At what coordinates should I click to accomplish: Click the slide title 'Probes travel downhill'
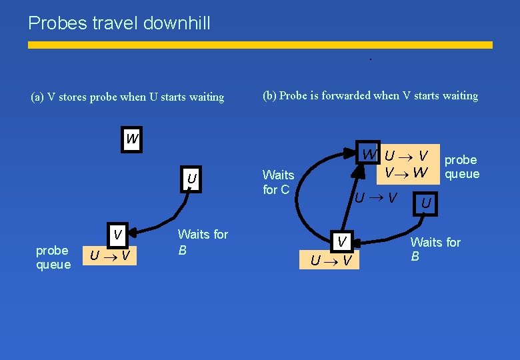[x=119, y=23]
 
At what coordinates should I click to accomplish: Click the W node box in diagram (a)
[x=132, y=139]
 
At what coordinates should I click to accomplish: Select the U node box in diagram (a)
[x=191, y=179]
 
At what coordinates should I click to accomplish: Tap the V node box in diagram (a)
[x=117, y=235]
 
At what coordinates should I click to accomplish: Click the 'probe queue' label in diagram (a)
[x=53, y=257]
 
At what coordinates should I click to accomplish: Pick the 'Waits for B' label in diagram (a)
[x=202, y=242]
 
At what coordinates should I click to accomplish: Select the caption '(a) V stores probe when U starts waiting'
[x=127, y=97]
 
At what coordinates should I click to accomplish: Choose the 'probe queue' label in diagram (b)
[x=461, y=167]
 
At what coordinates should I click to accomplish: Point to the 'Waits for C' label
[x=278, y=182]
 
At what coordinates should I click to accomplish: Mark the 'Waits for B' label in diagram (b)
[x=435, y=249]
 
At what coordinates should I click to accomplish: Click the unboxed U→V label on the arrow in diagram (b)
[x=376, y=197]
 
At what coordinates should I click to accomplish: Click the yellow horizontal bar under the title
[x=260, y=45]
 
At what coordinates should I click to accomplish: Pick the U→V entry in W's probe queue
[x=406, y=157]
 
